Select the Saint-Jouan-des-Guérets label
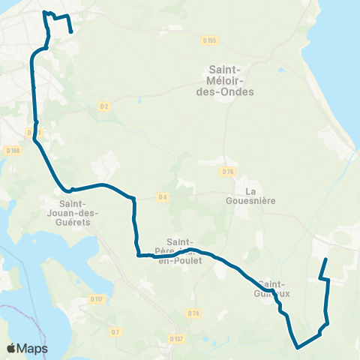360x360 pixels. point(79,211)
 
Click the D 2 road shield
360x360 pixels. point(104,106)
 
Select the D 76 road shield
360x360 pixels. point(229,172)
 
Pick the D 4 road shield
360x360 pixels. point(162,197)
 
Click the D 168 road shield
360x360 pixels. point(12,150)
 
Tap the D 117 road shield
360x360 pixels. point(96,298)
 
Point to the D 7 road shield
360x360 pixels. point(114,331)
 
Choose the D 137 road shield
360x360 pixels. point(176,339)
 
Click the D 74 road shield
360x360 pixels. point(194,313)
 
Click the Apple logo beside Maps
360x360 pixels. point(12,349)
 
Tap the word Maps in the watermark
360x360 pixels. point(32,349)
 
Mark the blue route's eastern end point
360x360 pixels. point(325,259)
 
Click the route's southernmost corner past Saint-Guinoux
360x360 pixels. point(298,347)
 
